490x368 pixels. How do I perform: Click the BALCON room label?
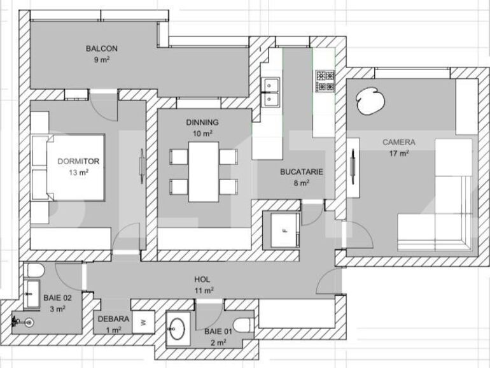point(102,48)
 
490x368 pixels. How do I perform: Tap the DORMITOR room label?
point(78,162)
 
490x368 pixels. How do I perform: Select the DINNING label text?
point(202,123)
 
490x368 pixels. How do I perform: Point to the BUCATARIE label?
point(302,172)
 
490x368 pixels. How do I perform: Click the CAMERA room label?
point(399,143)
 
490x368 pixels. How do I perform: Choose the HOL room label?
point(202,280)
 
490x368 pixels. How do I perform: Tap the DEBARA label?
point(114,319)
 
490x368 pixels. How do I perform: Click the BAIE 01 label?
point(218,332)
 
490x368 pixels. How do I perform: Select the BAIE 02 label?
point(57,298)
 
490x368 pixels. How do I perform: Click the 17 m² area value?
point(399,153)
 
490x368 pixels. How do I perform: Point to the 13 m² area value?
point(78,173)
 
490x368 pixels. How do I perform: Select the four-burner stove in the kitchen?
point(325,80)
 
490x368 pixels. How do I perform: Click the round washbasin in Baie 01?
point(179,329)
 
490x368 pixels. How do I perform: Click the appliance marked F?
point(284,230)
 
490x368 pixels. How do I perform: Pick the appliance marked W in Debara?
point(143,323)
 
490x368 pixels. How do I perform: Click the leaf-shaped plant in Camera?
point(368,101)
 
